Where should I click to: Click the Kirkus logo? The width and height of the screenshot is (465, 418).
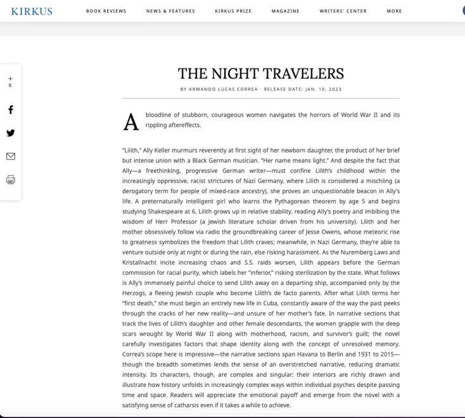[32, 11]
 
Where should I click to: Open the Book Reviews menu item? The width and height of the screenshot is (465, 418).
[106, 11]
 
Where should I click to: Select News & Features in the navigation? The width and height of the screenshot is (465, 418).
[170, 11]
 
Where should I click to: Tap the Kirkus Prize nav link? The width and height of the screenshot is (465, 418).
[233, 11]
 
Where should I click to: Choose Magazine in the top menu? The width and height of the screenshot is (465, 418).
[286, 11]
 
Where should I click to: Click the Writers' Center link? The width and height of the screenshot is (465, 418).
[343, 11]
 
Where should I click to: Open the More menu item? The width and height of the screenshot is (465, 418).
[394, 11]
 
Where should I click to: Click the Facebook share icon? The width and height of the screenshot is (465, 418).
[11, 110]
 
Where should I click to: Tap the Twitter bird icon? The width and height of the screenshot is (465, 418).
[11, 133]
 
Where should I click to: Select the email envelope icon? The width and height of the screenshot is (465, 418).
[11, 156]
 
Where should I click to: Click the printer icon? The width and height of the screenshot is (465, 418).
[11, 180]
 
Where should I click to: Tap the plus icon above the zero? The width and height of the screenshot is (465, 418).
[11, 79]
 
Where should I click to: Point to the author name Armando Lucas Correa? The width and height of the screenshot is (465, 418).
[224, 89]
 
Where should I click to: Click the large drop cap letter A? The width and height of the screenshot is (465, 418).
[131, 122]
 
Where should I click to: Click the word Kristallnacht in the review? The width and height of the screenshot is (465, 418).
[143, 262]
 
